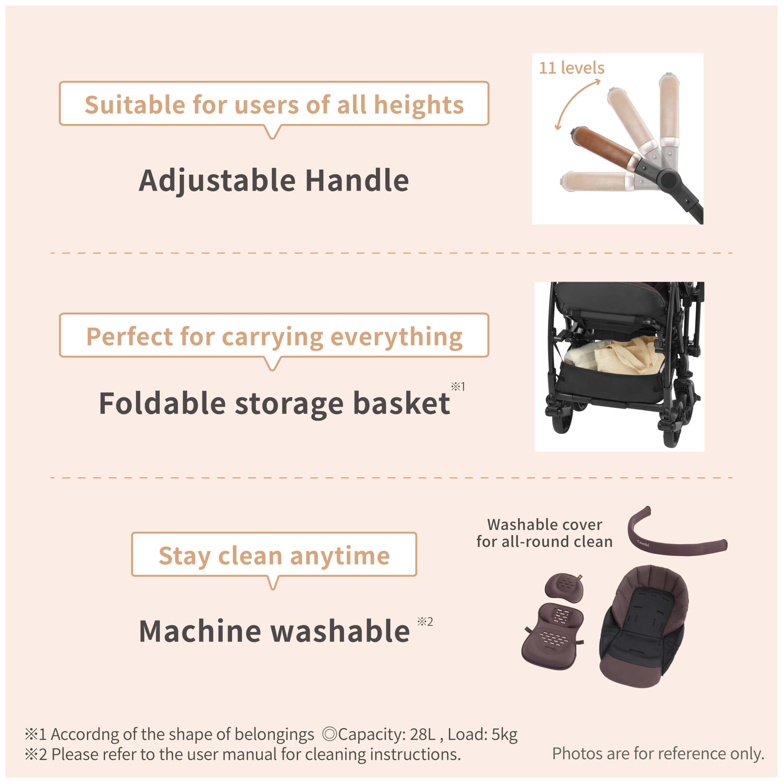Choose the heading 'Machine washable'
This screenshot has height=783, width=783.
pos(274,631)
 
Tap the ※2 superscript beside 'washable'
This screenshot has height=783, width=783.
pos(425,622)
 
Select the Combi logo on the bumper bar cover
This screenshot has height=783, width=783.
pos(643,544)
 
